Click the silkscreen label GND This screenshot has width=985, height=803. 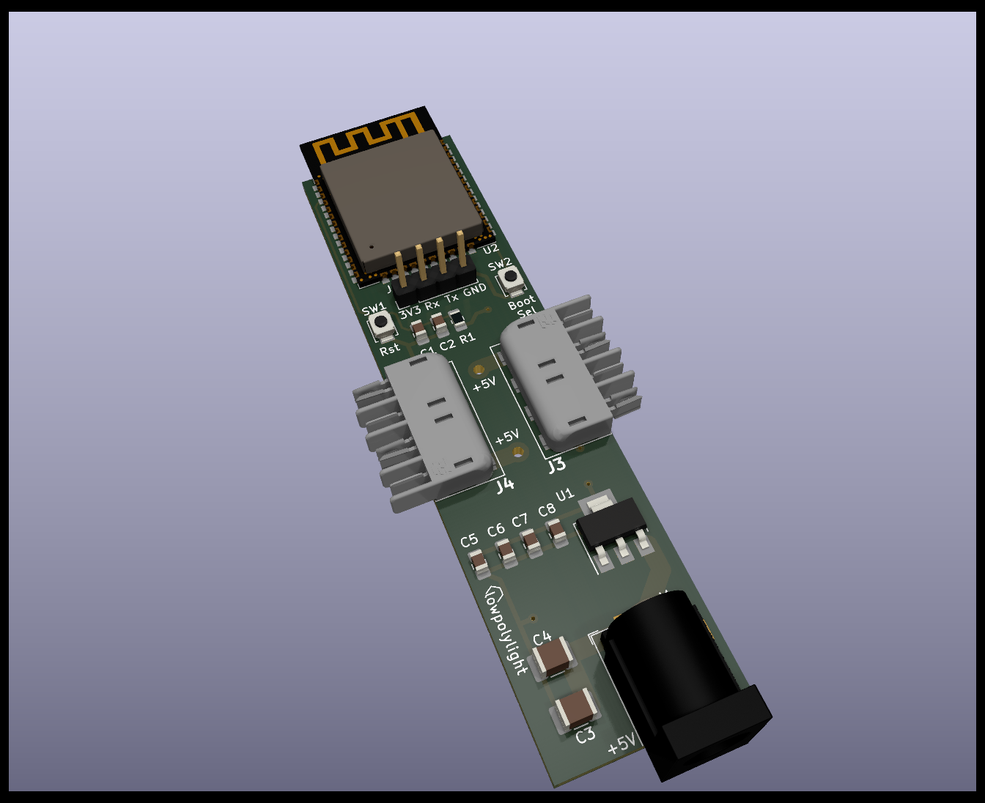coord(475,289)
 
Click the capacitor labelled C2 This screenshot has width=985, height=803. coord(438,323)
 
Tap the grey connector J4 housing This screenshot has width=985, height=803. coord(438,418)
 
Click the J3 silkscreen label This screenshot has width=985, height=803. coord(556,465)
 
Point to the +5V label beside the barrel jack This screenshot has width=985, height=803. coord(621,744)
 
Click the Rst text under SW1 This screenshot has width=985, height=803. coord(389,349)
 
